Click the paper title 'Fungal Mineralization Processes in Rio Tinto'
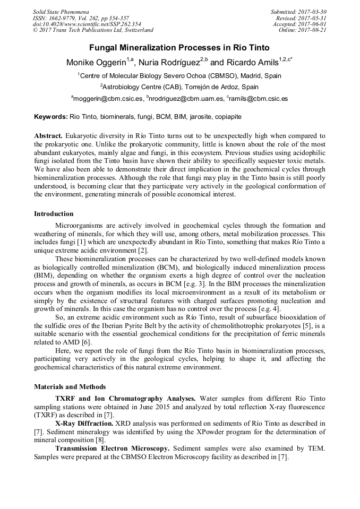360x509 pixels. [x=179, y=48]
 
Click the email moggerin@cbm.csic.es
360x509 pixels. [x=108, y=99]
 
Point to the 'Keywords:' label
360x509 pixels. [x=51, y=116]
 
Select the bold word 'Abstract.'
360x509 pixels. [x=48, y=136]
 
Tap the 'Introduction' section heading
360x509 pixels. [x=54, y=214]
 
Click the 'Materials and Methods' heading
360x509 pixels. [x=70, y=387]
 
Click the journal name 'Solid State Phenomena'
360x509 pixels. [x=61, y=12]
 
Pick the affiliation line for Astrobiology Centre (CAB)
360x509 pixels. [x=179, y=87]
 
